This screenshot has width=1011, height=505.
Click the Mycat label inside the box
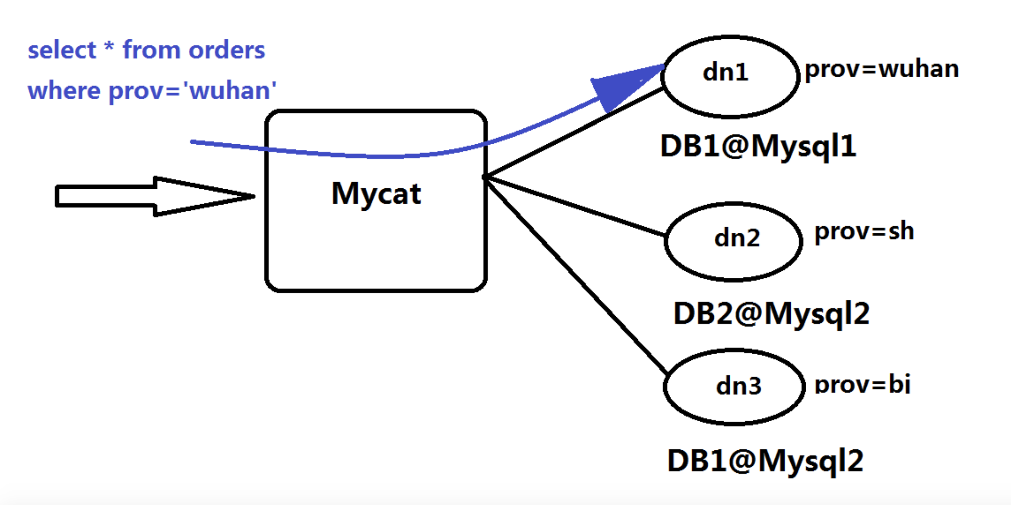(376, 194)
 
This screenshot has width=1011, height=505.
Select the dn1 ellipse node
(730, 76)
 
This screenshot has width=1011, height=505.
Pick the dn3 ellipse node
(734, 387)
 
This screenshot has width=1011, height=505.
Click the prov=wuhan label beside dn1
(881, 69)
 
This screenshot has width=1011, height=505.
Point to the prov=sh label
(864, 232)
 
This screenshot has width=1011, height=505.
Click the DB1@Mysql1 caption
(758, 146)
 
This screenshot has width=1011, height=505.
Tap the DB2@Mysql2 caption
(772, 314)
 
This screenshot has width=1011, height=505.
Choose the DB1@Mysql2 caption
(765, 461)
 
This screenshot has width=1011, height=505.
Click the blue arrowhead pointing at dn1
(621, 86)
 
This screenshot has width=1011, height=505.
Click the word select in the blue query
(62, 50)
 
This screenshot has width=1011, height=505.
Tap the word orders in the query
(227, 50)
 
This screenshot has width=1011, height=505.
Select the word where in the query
(64, 90)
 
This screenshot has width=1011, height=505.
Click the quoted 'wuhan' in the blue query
(230, 90)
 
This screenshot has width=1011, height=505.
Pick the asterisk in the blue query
(109, 47)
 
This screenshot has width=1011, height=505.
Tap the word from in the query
(152, 50)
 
